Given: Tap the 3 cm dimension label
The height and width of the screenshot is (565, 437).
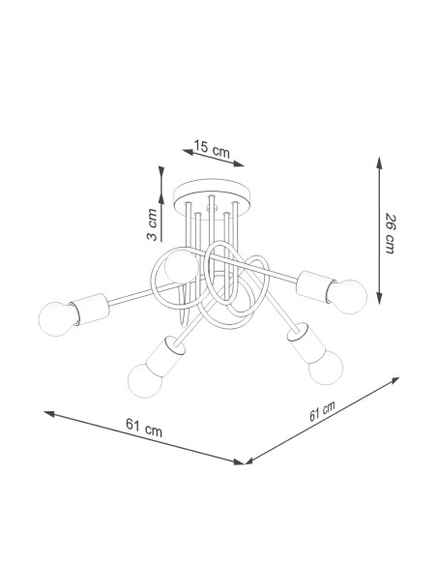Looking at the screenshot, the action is (x=152, y=224).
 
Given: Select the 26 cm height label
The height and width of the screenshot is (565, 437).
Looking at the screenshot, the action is (x=391, y=233).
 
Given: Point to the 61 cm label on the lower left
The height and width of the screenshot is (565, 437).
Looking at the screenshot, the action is (x=144, y=427).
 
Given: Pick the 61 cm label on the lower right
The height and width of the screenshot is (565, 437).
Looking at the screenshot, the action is (x=322, y=411).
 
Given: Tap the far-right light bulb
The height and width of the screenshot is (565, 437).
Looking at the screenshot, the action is (x=347, y=297).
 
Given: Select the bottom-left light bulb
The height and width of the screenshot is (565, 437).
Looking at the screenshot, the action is (x=145, y=380).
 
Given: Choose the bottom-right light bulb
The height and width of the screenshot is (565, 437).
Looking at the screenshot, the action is (x=326, y=368).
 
